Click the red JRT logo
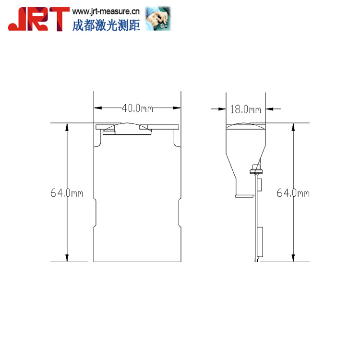tap(38, 19)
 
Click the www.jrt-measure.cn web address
tap(106, 12)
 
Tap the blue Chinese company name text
tap(106, 25)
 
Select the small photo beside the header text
tap(158, 18)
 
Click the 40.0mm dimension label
tap(137, 108)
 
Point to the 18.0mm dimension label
tap(245, 109)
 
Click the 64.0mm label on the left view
tap(67, 193)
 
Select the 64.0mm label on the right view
tap(293, 193)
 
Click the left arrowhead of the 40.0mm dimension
tap(97, 108)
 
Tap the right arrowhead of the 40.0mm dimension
tap(177, 108)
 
